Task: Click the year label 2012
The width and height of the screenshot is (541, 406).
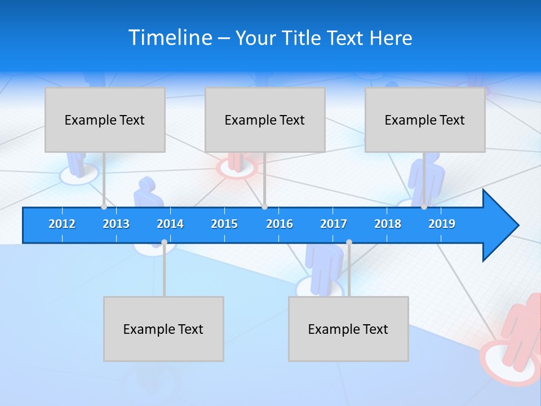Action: pos(62,224)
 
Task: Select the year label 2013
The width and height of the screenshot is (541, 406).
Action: pos(116,224)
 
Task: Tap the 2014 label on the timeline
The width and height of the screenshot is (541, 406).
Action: pos(170,224)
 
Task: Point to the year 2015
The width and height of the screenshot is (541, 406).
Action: pos(224,224)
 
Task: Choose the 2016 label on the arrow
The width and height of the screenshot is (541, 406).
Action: pos(280,224)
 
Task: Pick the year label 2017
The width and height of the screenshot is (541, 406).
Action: pos(334,224)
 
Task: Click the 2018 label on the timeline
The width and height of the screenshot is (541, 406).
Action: pos(388,224)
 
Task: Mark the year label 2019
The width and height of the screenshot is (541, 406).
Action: pos(442,224)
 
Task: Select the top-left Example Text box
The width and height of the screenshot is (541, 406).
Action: pos(105,120)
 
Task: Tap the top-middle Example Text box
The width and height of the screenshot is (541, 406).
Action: pos(265,120)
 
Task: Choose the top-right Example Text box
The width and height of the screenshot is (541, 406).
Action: pos(425,120)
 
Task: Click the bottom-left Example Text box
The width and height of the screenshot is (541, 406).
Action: pos(163,329)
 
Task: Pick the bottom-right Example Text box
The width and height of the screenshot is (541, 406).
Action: pos(348,329)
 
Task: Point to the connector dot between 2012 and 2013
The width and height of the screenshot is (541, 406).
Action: pos(104,207)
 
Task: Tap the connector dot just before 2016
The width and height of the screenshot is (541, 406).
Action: pos(265,207)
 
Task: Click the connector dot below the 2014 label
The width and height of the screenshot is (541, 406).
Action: pos(164,242)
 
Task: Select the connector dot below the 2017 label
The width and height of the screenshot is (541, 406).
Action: pos(349,242)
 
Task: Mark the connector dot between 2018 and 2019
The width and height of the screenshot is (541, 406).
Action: pos(424,207)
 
